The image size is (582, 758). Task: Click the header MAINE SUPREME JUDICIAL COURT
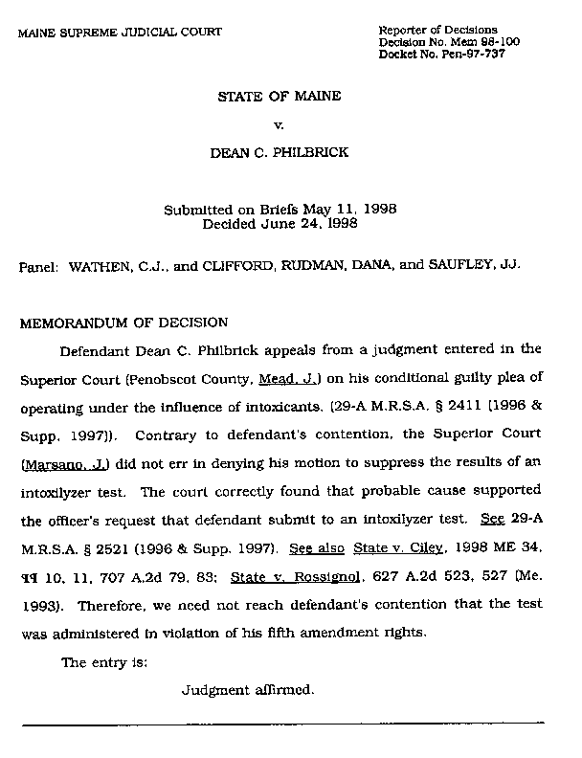(x=120, y=32)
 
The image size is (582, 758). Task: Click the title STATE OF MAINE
(x=280, y=98)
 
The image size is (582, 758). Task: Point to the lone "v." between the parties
(x=280, y=124)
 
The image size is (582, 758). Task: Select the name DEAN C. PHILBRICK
(x=280, y=151)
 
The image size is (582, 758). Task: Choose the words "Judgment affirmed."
(x=248, y=689)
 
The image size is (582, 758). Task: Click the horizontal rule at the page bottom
(x=282, y=725)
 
